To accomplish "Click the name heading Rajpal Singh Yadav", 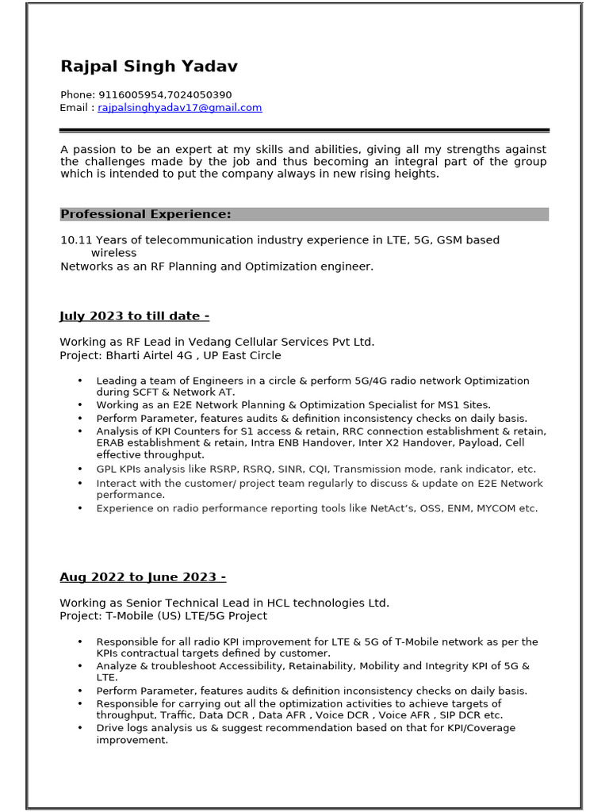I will click(x=148, y=67).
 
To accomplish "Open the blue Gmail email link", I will click(x=179, y=108).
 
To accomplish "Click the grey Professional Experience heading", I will click(x=146, y=214).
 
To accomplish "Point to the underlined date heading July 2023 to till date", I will click(x=134, y=316).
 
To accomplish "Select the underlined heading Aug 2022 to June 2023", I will click(x=143, y=577).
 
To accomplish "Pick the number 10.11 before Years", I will click(x=76, y=240).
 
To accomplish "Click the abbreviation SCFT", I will click(x=152, y=393).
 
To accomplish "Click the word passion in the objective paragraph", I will click(x=94, y=150).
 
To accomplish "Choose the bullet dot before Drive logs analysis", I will click(x=79, y=728).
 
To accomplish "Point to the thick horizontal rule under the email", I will click(x=304, y=130).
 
